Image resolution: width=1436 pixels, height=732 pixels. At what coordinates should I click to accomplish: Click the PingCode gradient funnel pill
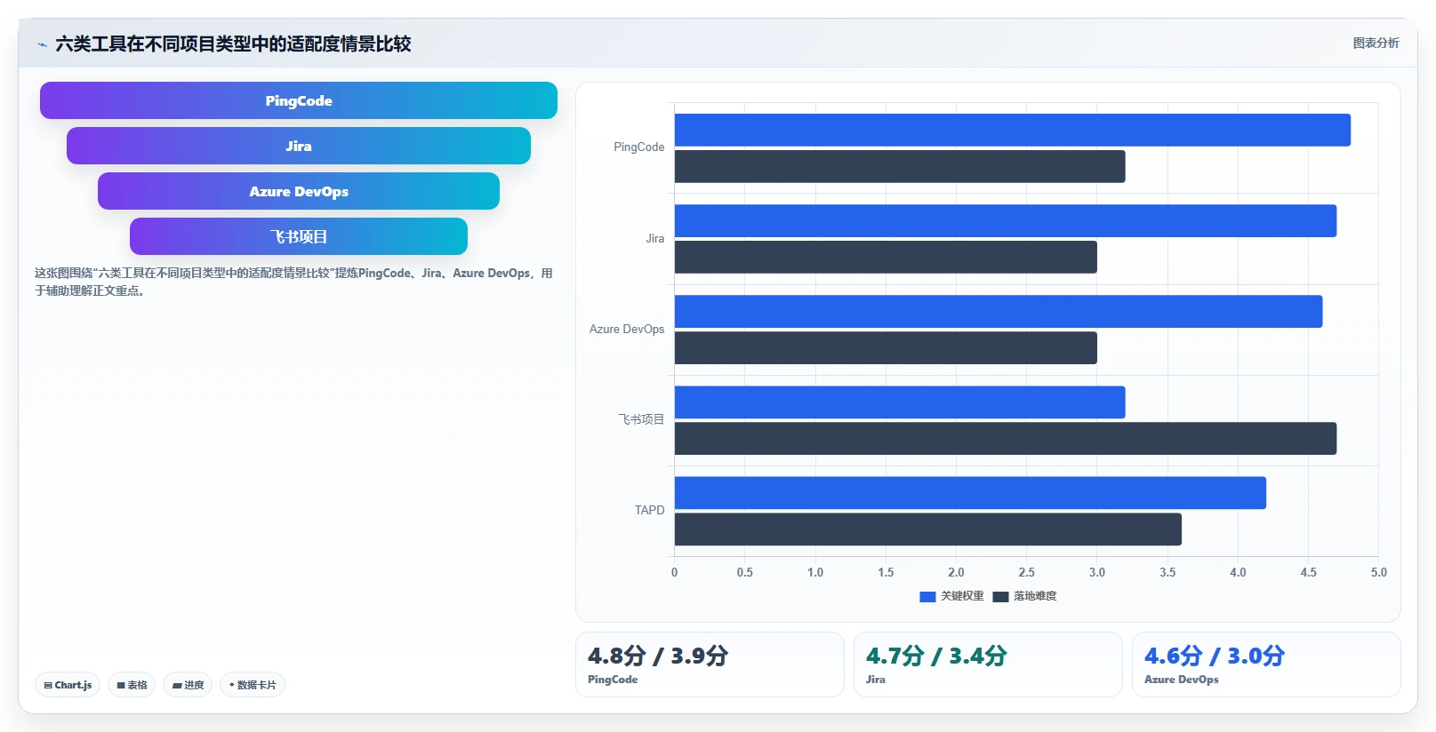tap(298, 100)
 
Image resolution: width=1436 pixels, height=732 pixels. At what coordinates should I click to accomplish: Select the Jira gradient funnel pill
tap(298, 146)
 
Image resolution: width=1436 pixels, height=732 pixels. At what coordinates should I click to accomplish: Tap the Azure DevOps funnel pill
tap(298, 192)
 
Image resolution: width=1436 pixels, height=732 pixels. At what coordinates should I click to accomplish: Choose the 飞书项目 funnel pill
tap(298, 237)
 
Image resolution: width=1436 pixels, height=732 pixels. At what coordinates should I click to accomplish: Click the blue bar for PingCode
tap(1012, 130)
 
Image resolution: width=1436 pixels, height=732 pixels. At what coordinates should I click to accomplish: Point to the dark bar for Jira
tap(886, 257)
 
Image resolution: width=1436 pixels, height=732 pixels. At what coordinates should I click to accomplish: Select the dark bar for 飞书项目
tap(1005, 439)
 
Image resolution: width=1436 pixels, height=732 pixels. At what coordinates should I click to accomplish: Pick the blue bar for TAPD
tap(970, 492)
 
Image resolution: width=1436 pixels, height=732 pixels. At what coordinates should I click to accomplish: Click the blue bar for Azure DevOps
tap(999, 311)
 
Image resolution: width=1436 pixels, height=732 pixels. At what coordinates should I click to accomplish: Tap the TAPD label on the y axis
tap(649, 511)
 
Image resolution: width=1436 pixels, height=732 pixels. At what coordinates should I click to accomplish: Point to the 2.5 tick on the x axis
tap(1026, 572)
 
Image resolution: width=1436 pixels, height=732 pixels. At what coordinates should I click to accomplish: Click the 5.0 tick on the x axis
tap(1378, 572)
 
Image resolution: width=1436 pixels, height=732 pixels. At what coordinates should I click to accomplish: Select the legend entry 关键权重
tap(951, 596)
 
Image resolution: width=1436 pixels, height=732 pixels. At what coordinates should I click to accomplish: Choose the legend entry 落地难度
tap(1024, 596)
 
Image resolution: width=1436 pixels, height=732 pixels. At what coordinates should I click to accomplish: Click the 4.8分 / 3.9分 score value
tap(658, 656)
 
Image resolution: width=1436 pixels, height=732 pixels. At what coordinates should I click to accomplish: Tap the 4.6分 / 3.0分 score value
tap(1215, 656)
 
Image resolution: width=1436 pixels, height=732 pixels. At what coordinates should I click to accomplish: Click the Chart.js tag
tap(68, 685)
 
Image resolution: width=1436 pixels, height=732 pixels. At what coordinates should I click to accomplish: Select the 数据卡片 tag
tap(253, 685)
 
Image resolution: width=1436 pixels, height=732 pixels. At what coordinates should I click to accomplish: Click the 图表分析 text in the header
tap(1376, 43)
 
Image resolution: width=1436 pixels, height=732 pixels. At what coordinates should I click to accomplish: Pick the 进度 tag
tap(188, 685)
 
